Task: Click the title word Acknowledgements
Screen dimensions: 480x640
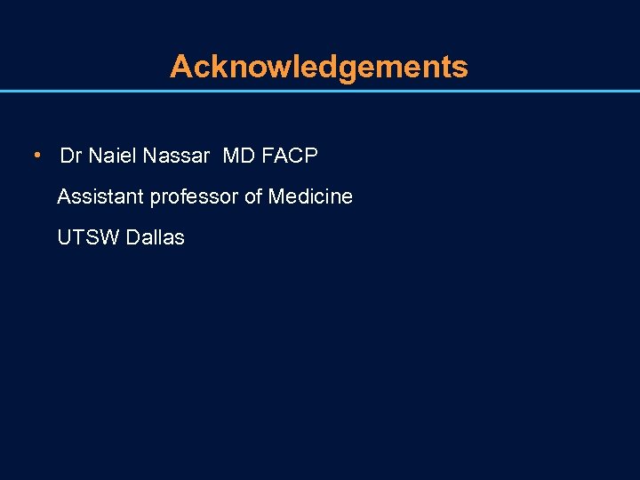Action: pyautogui.click(x=318, y=67)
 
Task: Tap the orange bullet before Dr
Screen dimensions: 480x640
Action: pyautogui.click(x=36, y=156)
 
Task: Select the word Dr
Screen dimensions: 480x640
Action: pyautogui.click(x=71, y=156)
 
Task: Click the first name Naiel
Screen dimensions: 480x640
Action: pyautogui.click(x=109, y=156)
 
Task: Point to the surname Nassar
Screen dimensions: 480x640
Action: pyautogui.click(x=174, y=156)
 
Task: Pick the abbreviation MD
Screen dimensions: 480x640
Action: pyautogui.click(x=238, y=156)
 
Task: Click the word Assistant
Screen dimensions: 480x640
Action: pyautogui.click(x=100, y=196)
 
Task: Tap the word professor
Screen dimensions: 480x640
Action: pyautogui.click(x=194, y=197)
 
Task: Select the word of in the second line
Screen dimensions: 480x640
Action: pyautogui.click(x=253, y=196)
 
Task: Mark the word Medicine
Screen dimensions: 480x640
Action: pyautogui.click(x=310, y=196)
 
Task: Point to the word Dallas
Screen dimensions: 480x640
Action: pyautogui.click(x=156, y=238)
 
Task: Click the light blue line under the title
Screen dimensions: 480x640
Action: pyautogui.click(x=320, y=91)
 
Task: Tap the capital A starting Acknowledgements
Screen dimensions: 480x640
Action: pyautogui.click(x=180, y=67)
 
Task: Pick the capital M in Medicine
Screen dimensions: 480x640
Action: pyautogui.click(x=276, y=196)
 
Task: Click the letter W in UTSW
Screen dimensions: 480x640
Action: pyautogui.click(x=110, y=238)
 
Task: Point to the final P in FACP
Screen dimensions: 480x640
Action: pyautogui.click(x=311, y=156)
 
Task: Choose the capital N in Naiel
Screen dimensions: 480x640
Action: pyautogui.click(x=94, y=156)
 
